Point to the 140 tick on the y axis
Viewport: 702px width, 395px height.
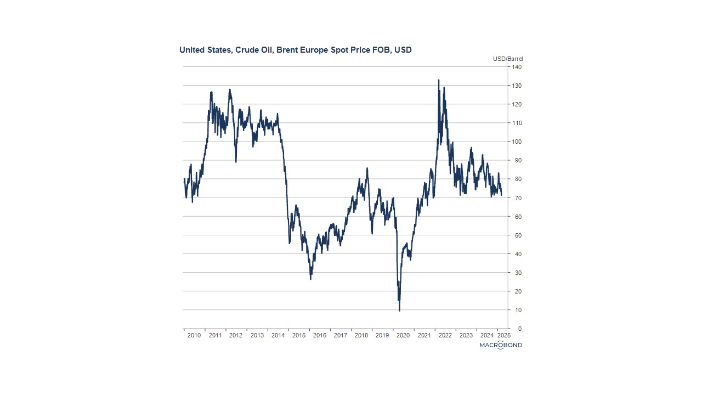pyautogui.click(x=517, y=67)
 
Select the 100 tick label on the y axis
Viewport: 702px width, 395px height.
pyautogui.click(x=517, y=142)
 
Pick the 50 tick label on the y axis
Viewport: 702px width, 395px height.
pyautogui.click(x=517, y=235)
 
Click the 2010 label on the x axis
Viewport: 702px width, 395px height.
pyautogui.click(x=194, y=335)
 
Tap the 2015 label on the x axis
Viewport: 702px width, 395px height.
pyautogui.click(x=298, y=335)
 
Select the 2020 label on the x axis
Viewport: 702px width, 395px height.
pyautogui.click(x=403, y=335)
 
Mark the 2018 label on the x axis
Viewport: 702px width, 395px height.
pyautogui.click(x=361, y=335)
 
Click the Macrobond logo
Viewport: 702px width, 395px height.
pyautogui.click(x=500, y=345)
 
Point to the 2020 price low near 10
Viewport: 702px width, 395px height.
pyautogui.click(x=399, y=311)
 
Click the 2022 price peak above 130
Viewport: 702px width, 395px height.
pyautogui.click(x=439, y=80)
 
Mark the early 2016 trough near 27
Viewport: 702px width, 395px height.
pyautogui.click(x=310, y=279)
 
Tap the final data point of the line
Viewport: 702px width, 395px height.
pyautogui.click(x=501, y=195)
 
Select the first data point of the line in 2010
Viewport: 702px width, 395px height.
pyautogui.click(x=184, y=178)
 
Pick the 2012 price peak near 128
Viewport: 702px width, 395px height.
pyautogui.click(x=230, y=89)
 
